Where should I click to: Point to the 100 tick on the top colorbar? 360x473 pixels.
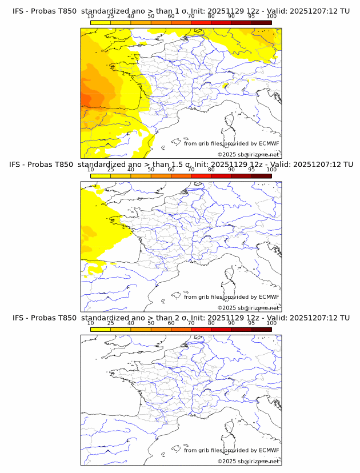click(x=271, y=16)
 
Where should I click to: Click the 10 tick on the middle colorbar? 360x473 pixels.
click(x=90, y=169)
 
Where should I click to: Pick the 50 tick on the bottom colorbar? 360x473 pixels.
click(x=151, y=322)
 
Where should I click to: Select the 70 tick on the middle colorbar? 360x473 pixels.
click(x=191, y=169)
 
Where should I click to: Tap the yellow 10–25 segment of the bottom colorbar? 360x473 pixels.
click(x=101, y=329)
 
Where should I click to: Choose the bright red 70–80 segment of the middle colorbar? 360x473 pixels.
click(x=201, y=175)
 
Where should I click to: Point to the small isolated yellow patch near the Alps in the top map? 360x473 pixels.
click(x=226, y=87)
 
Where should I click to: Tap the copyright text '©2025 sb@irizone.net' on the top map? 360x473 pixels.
click(x=248, y=155)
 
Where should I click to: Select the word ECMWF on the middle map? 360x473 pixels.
click(x=269, y=296)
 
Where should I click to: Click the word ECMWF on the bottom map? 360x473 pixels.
click(x=269, y=450)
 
